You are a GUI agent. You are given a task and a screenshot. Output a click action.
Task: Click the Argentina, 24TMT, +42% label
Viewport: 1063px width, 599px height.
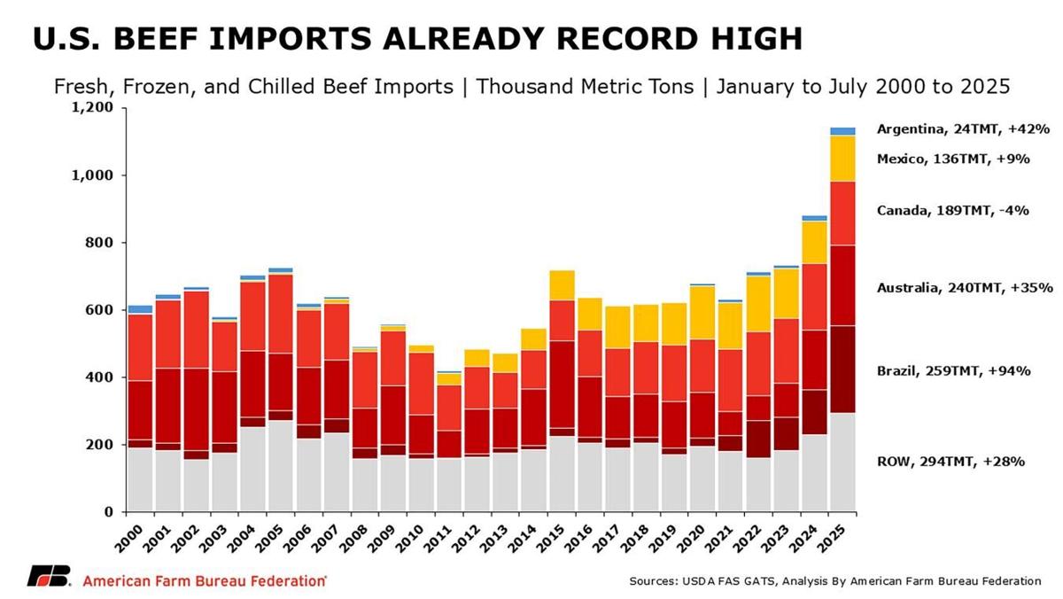963,129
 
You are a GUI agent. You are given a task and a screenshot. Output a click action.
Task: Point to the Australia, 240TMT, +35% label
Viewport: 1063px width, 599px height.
964,288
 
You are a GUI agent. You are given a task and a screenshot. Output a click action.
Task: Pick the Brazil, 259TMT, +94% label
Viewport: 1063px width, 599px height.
953,371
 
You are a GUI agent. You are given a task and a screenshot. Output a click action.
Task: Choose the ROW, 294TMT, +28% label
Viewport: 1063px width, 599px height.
950,462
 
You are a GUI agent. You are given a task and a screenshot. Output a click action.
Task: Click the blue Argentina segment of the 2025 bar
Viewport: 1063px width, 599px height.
842,131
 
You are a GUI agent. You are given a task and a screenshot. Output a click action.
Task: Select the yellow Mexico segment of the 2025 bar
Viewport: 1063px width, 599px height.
842,159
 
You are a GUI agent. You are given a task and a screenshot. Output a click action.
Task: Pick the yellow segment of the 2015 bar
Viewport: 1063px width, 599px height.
562,285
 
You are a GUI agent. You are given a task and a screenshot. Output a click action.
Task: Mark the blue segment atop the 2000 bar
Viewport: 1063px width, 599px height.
140,309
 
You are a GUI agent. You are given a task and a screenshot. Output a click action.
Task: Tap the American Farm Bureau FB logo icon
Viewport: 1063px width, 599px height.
49,577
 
